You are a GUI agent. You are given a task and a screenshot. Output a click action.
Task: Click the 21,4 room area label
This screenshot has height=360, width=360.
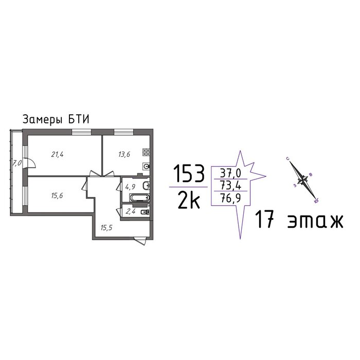(x=57, y=154)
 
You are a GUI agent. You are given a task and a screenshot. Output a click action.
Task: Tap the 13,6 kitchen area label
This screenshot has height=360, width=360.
(x=124, y=154)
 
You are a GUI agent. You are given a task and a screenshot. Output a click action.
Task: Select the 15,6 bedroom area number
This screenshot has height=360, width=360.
(x=57, y=195)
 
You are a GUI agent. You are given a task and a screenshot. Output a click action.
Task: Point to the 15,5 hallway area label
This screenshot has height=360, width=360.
(x=106, y=228)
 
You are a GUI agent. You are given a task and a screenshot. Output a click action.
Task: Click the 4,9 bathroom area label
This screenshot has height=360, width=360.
(x=130, y=187)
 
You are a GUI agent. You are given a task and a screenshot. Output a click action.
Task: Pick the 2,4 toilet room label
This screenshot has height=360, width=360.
(x=131, y=211)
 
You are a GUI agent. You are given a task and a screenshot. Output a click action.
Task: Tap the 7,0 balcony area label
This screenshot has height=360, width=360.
(x=17, y=163)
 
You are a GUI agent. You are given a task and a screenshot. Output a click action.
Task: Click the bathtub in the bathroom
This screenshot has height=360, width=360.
(x=139, y=197)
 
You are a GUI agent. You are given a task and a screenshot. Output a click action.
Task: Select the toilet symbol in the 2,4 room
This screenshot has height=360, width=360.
(x=146, y=212)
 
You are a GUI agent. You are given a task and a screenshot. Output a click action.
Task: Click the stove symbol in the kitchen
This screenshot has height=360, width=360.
(x=146, y=152)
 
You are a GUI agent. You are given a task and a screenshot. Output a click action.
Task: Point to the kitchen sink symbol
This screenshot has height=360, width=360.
(x=147, y=166)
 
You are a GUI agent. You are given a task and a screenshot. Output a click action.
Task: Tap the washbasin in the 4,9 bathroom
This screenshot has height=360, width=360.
(x=146, y=186)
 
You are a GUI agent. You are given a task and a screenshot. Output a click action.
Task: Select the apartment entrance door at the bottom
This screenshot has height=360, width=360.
(x=140, y=242)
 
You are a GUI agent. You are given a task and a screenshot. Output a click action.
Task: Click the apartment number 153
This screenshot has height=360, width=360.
(x=189, y=174)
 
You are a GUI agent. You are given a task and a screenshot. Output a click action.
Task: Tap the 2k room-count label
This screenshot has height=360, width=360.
(x=189, y=201)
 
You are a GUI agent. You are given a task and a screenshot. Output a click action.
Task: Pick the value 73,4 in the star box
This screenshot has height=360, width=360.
(x=230, y=185)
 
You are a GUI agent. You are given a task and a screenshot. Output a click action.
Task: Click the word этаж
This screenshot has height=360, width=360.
(x=315, y=221)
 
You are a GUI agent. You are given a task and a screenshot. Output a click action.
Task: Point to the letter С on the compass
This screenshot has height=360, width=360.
(x=287, y=158)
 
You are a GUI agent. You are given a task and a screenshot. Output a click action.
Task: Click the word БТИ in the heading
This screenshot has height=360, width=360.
(x=79, y=120)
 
